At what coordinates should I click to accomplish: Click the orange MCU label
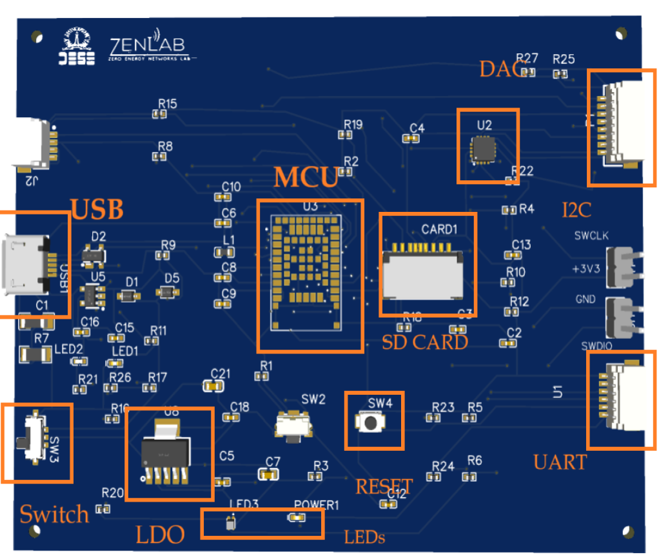[306, 178]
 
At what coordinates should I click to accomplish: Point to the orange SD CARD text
[425, 342]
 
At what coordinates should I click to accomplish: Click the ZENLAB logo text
[148, 47]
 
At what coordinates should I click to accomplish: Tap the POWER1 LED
[297, 517]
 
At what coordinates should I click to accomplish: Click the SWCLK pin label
[591, 236]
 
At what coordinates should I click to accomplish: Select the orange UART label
[560, 462]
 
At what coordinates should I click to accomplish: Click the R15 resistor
[159, 114]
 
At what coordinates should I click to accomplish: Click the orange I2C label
[576, 209]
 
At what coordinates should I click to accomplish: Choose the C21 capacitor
[213, 386]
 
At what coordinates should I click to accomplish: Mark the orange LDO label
[160, 535]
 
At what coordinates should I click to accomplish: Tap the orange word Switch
[54, 514]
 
